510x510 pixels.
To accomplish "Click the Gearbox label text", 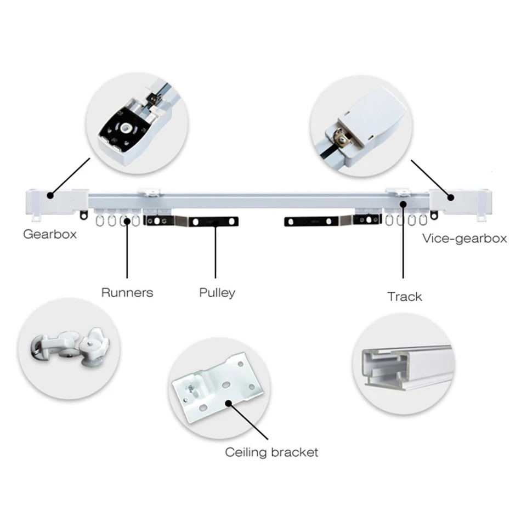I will coord(50,234).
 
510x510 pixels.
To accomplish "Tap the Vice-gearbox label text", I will coord(464,239).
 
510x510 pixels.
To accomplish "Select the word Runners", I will coord(127,292).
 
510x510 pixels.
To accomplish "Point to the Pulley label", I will coord(217,292).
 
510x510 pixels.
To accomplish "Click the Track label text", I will coord(405,297).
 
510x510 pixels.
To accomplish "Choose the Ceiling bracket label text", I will coord(271,452).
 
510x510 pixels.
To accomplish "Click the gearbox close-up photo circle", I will coord(137,123).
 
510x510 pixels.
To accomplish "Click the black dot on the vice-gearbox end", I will coord(451,197).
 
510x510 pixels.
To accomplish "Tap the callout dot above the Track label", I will coord(403,205).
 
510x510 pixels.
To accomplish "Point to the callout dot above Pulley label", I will coord(215,222).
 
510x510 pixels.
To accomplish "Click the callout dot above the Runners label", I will coord(127,222).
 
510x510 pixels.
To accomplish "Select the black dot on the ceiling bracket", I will coord(228,403).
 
